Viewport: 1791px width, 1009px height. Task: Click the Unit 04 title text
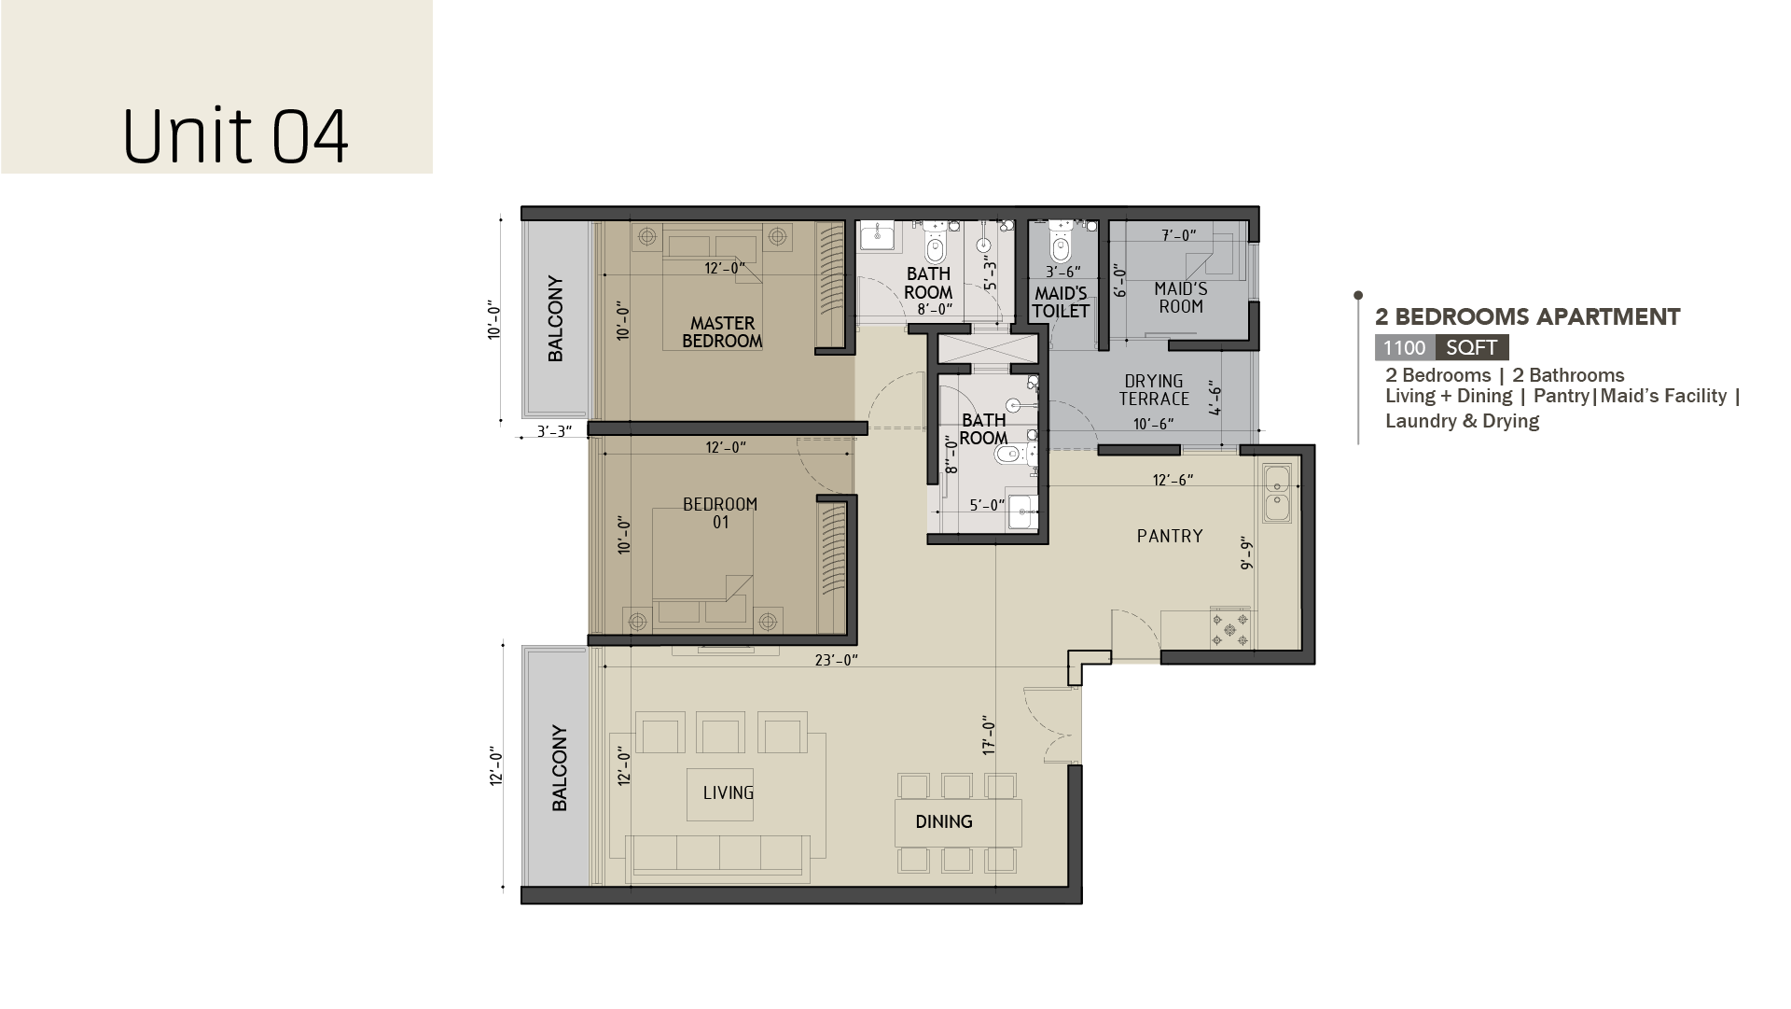[235, 137]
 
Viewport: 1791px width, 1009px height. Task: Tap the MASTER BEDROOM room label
[722, 332]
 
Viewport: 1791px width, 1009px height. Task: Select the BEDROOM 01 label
[720, 513]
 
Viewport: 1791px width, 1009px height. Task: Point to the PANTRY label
[1170, 536]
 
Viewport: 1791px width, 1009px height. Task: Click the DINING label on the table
[944, 822]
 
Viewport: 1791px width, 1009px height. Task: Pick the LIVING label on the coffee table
[729, 793]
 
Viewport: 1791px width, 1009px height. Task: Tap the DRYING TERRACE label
[1154, 390]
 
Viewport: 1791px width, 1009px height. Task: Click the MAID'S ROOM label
[1180, 298]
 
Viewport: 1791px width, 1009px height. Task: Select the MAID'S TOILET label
[1062, 302]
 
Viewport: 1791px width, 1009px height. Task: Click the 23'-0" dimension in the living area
[837, 661]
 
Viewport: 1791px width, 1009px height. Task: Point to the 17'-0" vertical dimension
[989, 735]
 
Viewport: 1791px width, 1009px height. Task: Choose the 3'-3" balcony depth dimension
[554, 432]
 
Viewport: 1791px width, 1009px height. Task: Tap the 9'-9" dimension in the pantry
[1246, 554]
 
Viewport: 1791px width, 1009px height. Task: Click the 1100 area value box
[1405, 348]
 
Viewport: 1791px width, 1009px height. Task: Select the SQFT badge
[1472, 348]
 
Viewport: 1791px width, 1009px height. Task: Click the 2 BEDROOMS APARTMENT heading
[1528, 317]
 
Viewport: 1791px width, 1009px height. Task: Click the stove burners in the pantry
[1230, 627]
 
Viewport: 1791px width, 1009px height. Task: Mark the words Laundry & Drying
[1462, 421]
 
